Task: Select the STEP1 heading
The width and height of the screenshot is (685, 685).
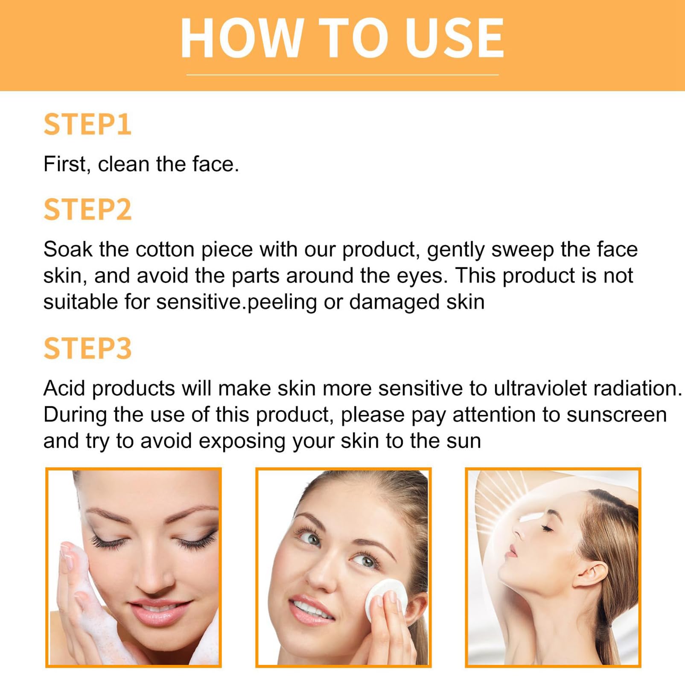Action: [87, 125]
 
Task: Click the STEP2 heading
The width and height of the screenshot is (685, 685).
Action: [87, 209]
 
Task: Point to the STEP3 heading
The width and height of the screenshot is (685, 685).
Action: [87, 348]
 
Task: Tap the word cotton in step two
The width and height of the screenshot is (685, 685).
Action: [165, 249]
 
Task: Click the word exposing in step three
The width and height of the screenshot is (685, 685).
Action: [242, 441]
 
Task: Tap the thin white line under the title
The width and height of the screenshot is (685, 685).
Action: [342, 75]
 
